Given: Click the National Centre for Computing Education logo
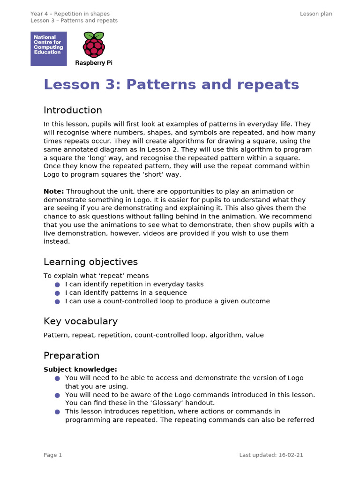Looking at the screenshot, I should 49,49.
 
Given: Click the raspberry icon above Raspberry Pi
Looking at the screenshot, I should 94,45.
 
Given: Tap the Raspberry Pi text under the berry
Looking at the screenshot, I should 94,63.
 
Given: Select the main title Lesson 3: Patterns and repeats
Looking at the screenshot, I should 171,84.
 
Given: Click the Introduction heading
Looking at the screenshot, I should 73,110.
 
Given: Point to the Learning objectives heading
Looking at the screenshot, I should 90,262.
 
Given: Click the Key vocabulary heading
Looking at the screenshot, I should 81,321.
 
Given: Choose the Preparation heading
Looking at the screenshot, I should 71,355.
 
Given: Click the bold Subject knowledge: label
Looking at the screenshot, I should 80,369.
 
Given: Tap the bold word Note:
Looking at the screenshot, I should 54,191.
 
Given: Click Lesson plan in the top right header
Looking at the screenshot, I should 316,14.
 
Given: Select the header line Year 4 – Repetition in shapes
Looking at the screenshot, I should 70,14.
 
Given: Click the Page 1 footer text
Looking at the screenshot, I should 52,455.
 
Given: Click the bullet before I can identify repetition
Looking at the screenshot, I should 57,285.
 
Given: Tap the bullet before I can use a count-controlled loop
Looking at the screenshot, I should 57,301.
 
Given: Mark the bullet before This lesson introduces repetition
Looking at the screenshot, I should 57,412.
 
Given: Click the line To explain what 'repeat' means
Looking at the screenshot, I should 96,276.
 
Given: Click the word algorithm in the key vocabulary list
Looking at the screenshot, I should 225,335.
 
